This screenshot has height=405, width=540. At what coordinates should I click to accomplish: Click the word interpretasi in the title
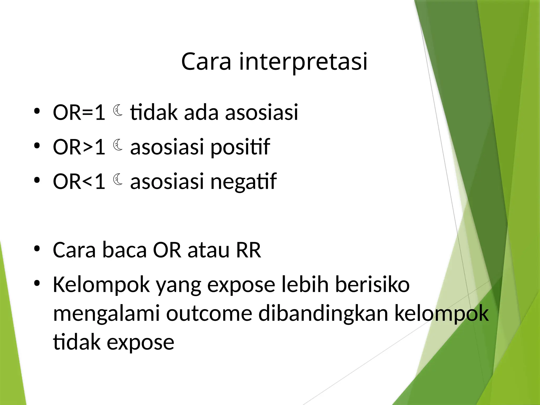click(x=303, y=62)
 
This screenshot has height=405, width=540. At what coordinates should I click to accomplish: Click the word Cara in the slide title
click(x=206, y=62)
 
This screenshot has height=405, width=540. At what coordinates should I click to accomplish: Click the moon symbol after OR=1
click(x=118, y=110)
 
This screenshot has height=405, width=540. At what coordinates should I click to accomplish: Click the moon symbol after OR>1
click(x=118, y=145)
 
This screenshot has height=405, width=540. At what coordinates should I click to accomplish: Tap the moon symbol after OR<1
click(x=118, y=180)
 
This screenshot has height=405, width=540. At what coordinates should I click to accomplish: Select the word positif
click(x=240, y=147)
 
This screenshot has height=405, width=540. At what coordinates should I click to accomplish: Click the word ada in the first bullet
click(x=201, y=113)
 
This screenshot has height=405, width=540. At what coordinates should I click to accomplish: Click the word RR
click(x=248, y=250)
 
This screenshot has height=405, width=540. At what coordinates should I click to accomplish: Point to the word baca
click(x=124, y=250)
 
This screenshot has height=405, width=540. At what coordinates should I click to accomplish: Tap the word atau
click(x=208, y=250)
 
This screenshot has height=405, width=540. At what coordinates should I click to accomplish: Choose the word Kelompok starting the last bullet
click(x=101, y=285)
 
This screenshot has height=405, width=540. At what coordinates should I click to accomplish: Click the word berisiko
click(x=372, y=285)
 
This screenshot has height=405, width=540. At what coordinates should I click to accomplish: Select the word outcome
click(x=209, y=314)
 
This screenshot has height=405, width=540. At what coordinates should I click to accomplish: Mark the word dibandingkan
click(x=323, y=314)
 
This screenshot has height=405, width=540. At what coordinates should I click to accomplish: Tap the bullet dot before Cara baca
click(x=37, y=249)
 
